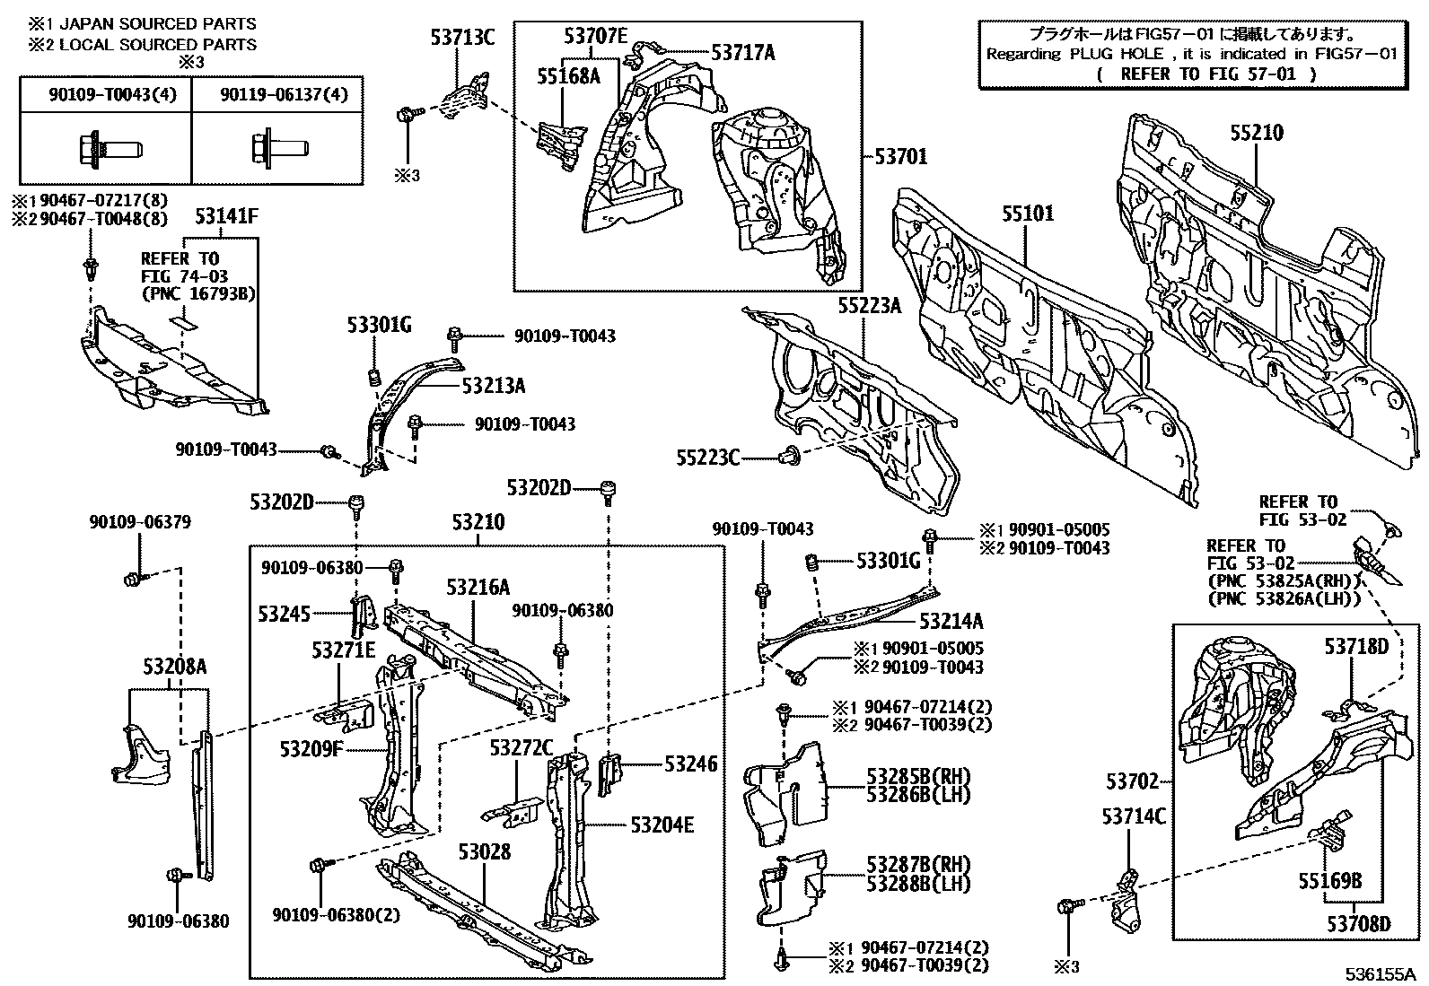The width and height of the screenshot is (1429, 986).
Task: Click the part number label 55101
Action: (x=1028, y=214)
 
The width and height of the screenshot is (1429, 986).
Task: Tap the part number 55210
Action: (x=1256, y=133)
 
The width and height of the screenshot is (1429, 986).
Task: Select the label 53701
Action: (x=901, y=157)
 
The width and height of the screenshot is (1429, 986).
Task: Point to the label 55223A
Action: (x=869, y=306)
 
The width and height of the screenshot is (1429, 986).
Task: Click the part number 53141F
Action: (x=227, y=215)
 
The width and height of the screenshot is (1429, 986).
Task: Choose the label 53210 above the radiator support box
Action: (x=478, y=521)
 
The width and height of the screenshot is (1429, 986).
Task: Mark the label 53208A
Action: (x=174, y=666)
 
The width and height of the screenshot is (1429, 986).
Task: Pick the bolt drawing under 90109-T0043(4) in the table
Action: (x=97, y=147)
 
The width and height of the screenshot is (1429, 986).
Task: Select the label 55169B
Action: (x=1329, y=882)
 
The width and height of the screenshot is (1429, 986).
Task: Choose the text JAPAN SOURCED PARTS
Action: (x=157, y=24)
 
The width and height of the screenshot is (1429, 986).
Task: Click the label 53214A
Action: (x=951, y=621)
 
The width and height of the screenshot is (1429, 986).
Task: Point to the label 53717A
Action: (x=742, y=52)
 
